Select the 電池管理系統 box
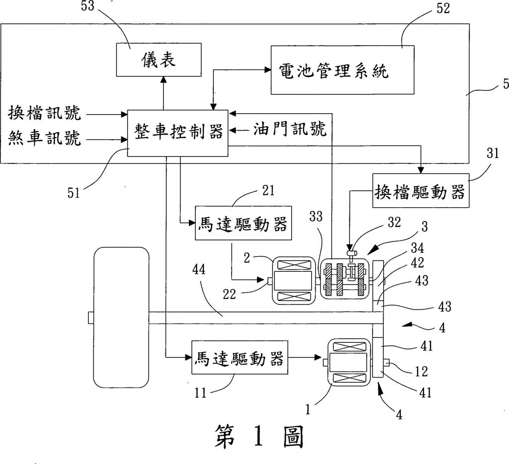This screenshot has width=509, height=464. click(x=342, y=70)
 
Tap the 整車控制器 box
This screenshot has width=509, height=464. click(x=177, y=133)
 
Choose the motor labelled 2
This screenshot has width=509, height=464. click(x=292, y=281)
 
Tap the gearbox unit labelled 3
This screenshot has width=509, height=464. click(x=344, y=279)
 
